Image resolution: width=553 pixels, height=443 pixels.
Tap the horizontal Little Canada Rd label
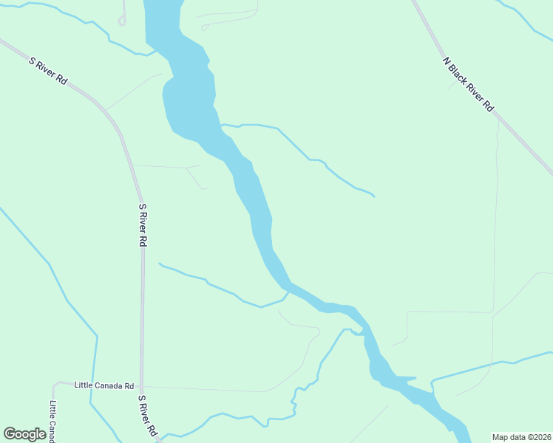[104, 386]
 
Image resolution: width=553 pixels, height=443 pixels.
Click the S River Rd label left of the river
[143, 225]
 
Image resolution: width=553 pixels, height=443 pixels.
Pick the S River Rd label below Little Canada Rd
[148, 416]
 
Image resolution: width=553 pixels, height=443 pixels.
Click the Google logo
[24, 434]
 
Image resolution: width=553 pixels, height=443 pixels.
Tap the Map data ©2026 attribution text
[522, 436]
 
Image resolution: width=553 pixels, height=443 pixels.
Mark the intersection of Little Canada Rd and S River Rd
[143, 386]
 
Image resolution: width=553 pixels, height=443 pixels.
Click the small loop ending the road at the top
[122, 21]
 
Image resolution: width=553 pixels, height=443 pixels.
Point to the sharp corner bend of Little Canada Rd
[54, 385]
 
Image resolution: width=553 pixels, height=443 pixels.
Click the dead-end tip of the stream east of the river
[373, 196]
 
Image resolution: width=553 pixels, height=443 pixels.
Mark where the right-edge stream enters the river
[431, 381]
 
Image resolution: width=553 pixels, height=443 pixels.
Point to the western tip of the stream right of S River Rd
[159, 263]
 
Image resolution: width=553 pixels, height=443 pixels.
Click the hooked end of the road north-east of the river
[204, 27]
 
